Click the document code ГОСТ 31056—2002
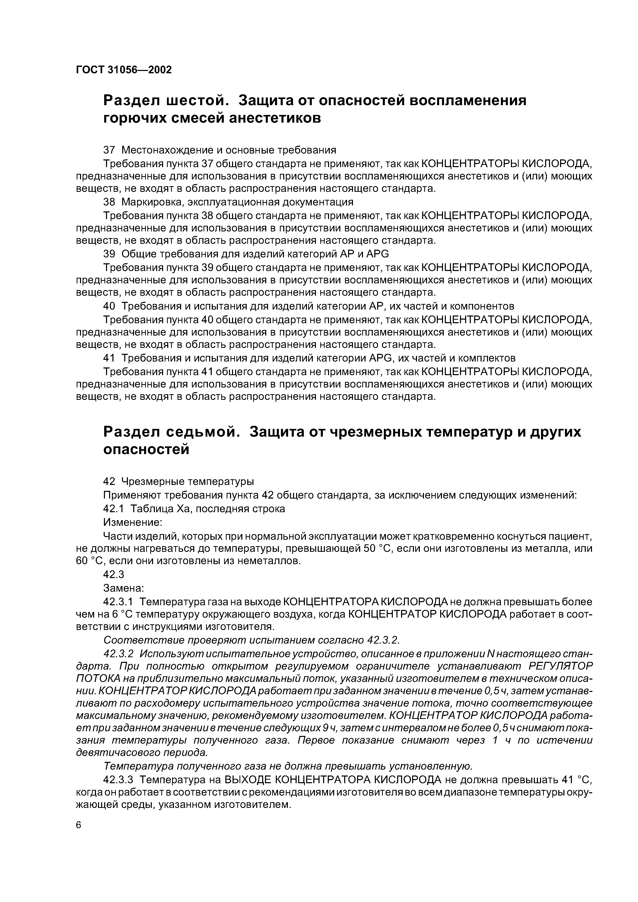click(x=124, y=70)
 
